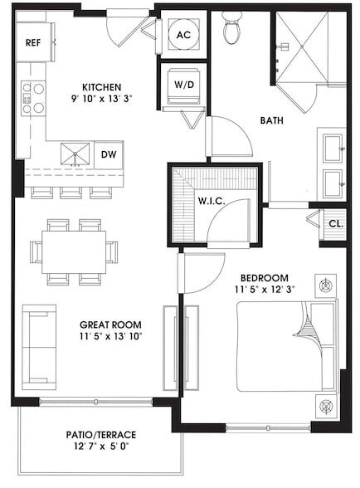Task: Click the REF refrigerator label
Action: point(33,43)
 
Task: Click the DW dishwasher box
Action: point(108,154)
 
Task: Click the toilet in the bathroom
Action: point(232,30)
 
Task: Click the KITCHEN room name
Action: point(102,87)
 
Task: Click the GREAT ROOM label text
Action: point(109,325)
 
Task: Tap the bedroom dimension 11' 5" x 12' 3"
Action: point(264,290)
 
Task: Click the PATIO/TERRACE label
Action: point(100,435)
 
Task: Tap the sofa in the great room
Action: point(38,347)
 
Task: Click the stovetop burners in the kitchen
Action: point(33,98)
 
